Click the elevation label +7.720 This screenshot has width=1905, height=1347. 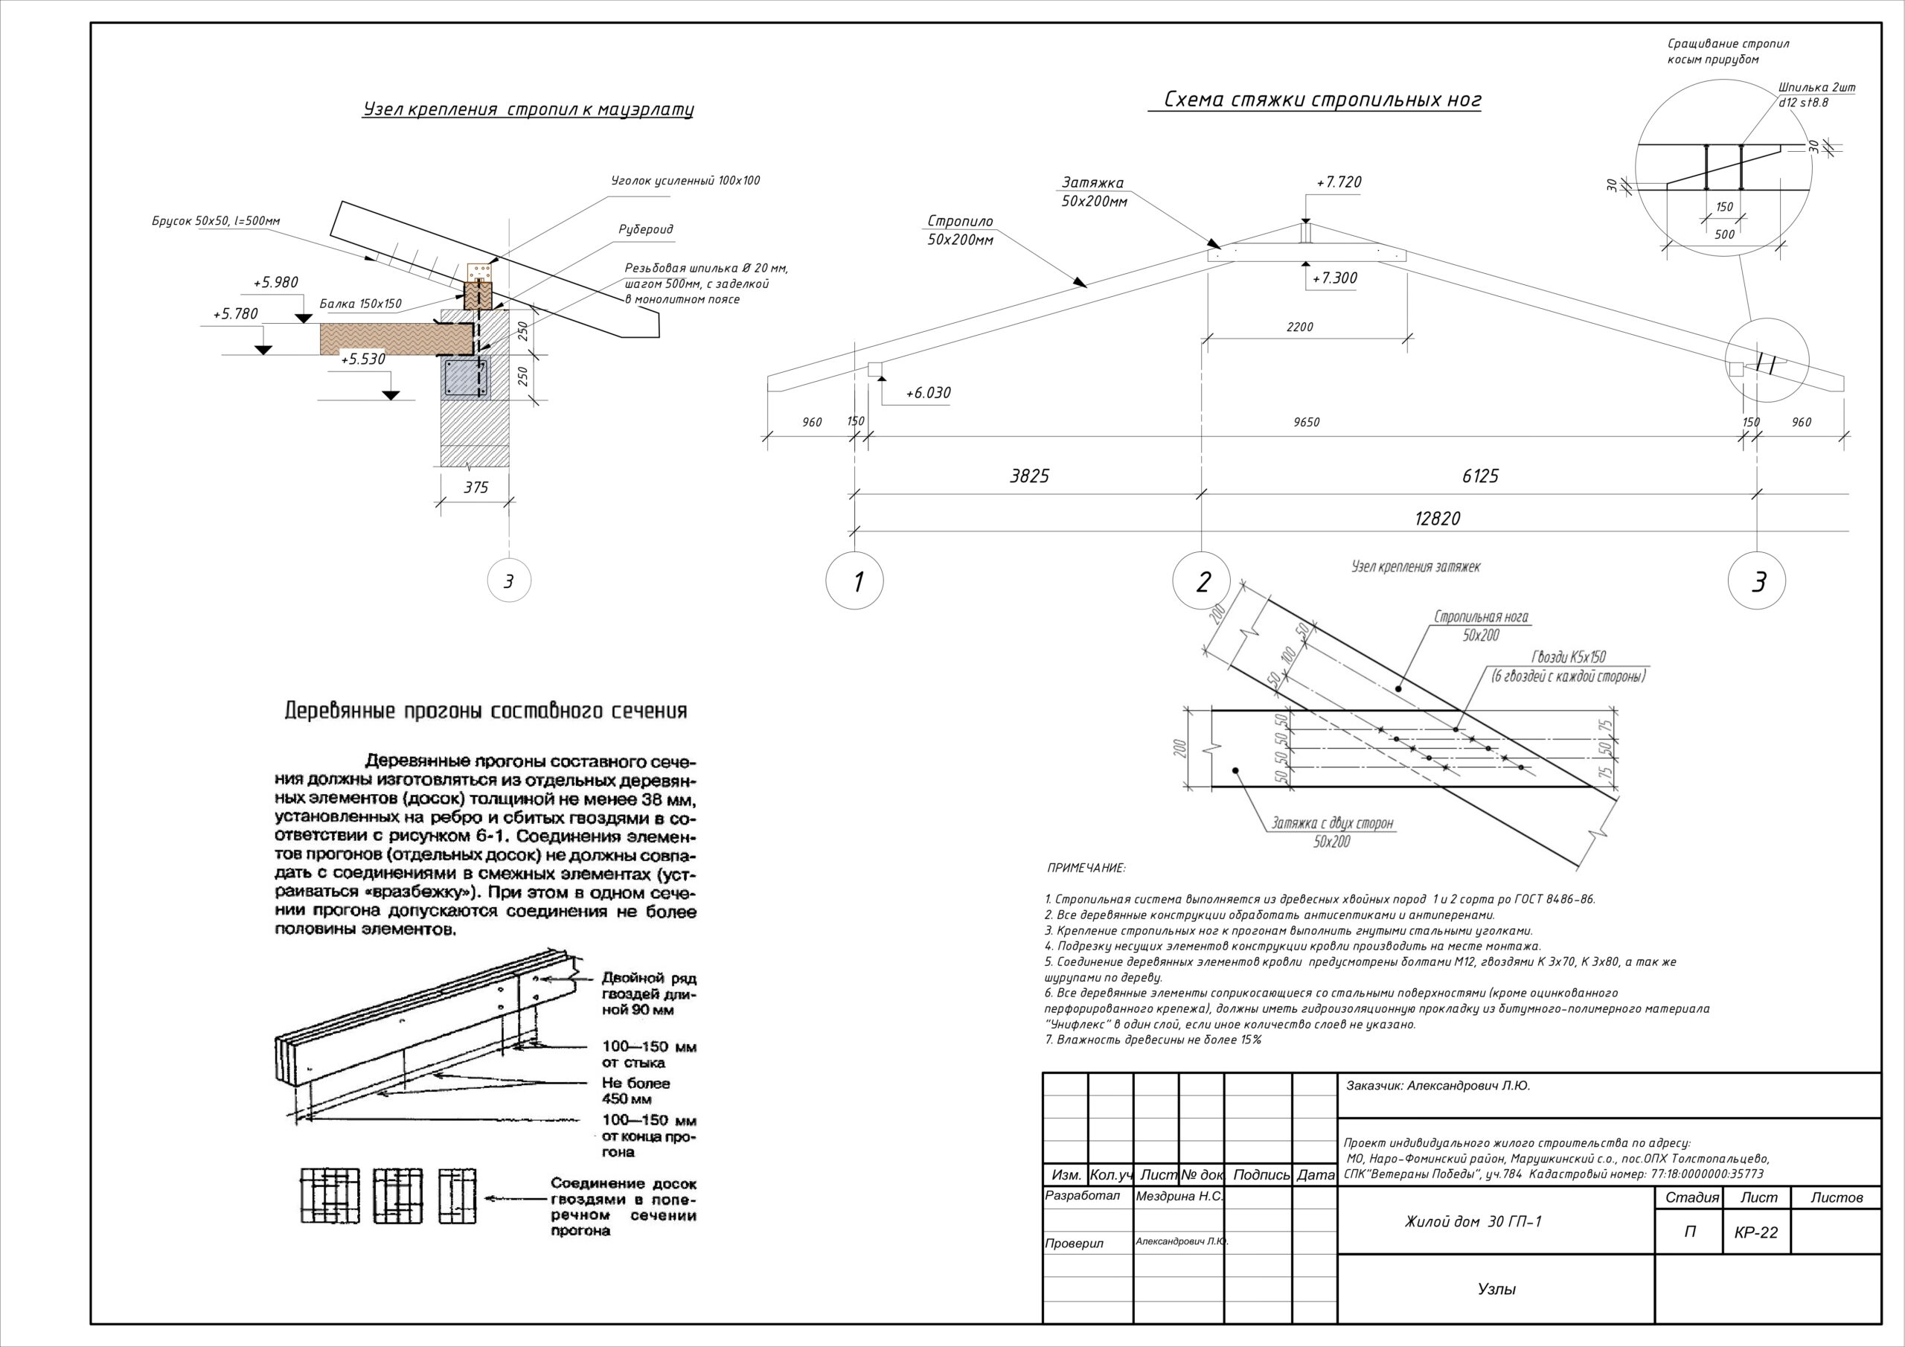1338,182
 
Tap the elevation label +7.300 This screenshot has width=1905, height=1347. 1334,279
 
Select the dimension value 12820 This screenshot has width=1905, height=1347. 1437,519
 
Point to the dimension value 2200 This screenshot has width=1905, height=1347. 1299,327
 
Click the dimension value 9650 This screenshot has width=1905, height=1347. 1306,423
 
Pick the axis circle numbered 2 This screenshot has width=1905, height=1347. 1203,582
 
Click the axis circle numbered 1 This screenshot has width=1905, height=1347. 854,582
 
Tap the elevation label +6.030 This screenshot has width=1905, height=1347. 928,392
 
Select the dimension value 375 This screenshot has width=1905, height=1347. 476,488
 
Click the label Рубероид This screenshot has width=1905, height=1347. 645,229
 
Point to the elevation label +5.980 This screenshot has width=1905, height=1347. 275,283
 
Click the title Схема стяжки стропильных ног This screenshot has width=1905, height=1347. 1322,100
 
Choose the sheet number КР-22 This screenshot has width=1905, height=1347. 1755,1233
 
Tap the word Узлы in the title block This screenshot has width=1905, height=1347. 1496,1289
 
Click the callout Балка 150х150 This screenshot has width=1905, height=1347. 360,304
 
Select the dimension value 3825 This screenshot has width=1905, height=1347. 1029,476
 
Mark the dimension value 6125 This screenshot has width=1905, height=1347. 1480,476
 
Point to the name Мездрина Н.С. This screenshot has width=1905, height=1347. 1179,1197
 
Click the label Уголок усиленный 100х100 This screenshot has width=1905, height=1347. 685,181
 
